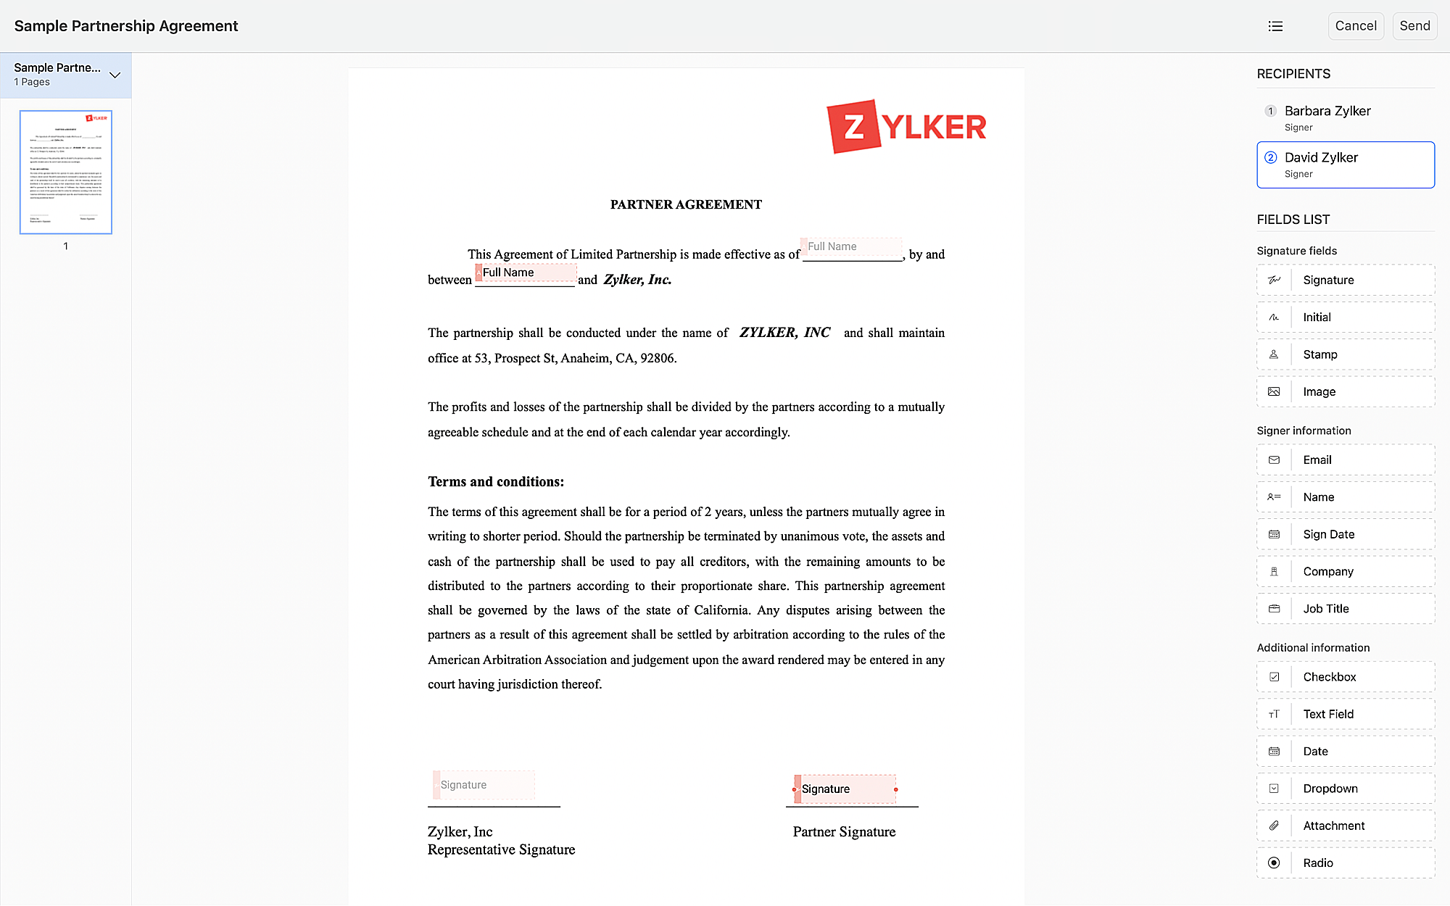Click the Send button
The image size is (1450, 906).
pos(1414,26)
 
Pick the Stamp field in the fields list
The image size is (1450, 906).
pos(1345,354)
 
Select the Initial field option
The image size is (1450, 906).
pos(1345,317)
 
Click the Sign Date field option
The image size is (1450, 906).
pos(1345,534)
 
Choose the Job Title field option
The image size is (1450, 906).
pos(1345,609)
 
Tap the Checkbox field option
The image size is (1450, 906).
pos(1345,677)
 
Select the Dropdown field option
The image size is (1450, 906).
pos(1345,789)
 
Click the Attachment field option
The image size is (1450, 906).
pos(1345,826)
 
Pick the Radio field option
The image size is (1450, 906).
pos(1345,863)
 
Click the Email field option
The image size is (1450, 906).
pos(1345,460)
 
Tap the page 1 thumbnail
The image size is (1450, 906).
pos(66,172)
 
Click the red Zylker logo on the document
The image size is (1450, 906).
pos(906,127)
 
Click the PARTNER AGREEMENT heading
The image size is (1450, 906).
pos(686,204)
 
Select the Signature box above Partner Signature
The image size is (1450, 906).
pos(846,789)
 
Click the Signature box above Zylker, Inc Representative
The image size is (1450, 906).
pos(484,785)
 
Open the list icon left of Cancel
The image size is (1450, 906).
pos(1275,26)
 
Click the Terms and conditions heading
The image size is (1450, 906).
pos(496,482)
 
